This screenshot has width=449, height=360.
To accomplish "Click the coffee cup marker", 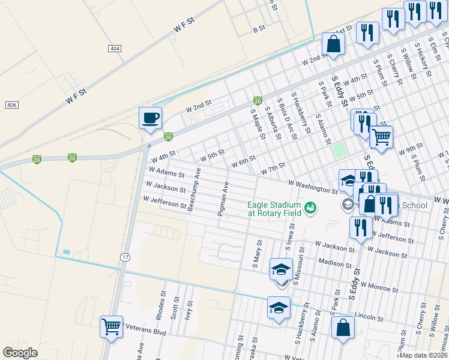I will tap(150, 118).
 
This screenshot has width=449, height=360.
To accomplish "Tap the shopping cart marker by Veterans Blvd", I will tap(112, 326).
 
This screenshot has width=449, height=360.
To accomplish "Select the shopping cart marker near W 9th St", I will tap(382, 137).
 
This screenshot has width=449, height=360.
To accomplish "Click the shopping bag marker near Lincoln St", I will tap(343, 328).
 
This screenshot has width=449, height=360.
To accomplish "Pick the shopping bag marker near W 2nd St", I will tap(333, 43).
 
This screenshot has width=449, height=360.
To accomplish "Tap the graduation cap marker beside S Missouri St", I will tap(280, 269).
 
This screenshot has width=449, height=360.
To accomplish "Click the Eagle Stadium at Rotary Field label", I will tap(274, 208).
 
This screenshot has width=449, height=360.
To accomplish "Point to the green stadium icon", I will tap(310, 208).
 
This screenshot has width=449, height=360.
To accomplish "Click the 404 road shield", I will tap(115, 47).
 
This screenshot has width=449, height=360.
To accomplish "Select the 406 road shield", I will tap(11, 105).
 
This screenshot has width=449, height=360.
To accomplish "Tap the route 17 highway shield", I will tap(125, 257).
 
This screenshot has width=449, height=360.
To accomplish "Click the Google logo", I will tap(20, 352).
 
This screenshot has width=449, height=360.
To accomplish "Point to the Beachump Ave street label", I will tap(194, 190).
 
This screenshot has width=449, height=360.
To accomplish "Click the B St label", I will tap(259, 29).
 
